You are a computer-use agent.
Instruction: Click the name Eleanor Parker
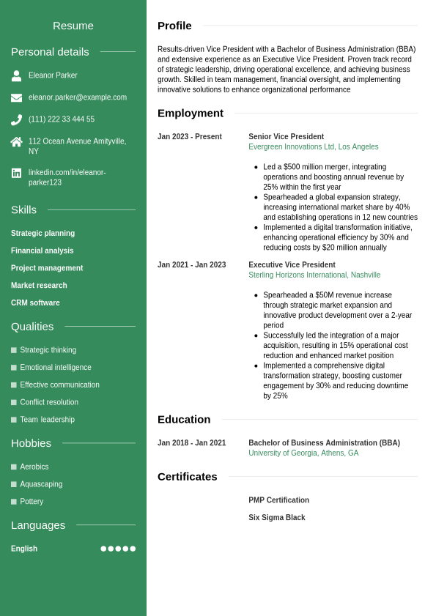tap(53, 75)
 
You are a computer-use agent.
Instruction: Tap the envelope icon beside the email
tap(16, 97)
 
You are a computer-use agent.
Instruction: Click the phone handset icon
tap(16, 119)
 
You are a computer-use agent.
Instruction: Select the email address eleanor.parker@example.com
tap(77, 97)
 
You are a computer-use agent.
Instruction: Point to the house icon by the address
tap(16, 142)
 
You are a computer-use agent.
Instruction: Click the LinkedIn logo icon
tap(16, 173)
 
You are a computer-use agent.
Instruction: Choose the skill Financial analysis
tap(43, 251)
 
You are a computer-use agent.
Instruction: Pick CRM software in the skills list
tap(35, 303)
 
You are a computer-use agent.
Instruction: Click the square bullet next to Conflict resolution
tap(14, 402)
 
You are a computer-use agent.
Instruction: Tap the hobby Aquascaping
tap(41, 484)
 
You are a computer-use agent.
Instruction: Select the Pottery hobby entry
tap(32, 502)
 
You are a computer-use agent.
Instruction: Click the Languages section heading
tap(38, 525)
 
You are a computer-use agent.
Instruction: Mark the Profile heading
tap(174, 26)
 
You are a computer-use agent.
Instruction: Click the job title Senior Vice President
tap(286, 137)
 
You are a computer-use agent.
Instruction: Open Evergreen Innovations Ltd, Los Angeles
tap(313, 147)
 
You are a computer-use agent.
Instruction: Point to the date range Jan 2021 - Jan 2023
tap(191, 265)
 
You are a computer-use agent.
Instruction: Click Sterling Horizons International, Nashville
tap(314, 275)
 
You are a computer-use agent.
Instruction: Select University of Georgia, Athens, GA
tap(303, 453)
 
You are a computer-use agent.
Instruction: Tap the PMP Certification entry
tap(278, 500)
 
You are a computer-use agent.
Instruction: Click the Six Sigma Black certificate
tap(276, 518)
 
